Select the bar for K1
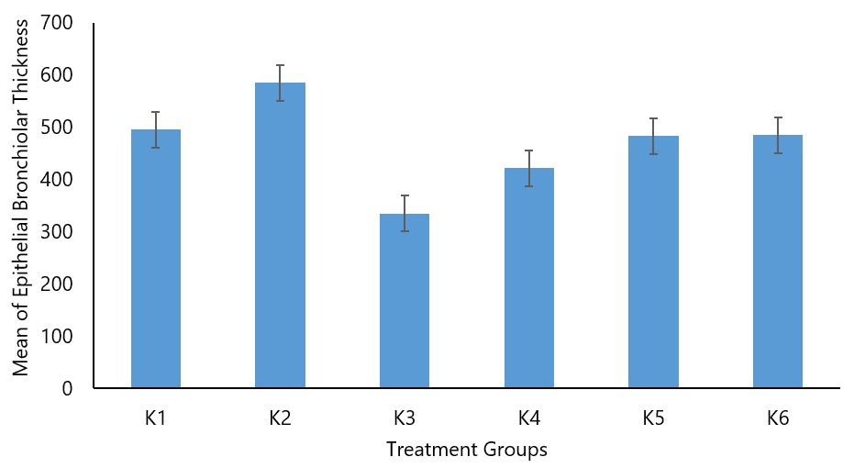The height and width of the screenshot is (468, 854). coord(156,259)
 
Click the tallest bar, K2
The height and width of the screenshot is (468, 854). coord(280,236)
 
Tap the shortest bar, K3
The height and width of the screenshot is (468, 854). coord(405,301)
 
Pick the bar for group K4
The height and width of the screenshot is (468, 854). coord(529,278)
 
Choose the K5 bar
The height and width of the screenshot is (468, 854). coord(653,262)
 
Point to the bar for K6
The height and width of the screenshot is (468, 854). coord(778,262)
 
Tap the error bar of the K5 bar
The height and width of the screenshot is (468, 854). coord(653,136)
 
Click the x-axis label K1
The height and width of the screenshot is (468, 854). coord(156,418)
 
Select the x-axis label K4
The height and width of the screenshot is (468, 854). coord(529,418)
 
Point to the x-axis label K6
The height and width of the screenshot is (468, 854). coord(778,418)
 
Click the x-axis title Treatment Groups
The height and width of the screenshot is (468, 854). coord(466,450)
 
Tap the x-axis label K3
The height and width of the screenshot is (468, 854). coord(405,418)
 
